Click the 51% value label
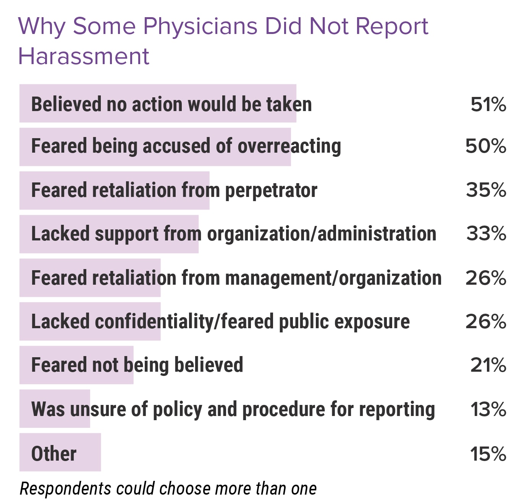coord(488,104)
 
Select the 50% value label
coord(486,146)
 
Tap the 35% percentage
coord(486,190)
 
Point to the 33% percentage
coord(486,234)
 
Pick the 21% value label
coord(488,365)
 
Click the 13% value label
coord(488,409)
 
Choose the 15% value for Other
coord(488,454)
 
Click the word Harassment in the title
coord(84,56)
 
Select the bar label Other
coord(54,454)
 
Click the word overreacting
coord(289,147)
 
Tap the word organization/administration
coord(322,234)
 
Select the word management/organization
coord(333,278)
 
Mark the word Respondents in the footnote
coord(65,488)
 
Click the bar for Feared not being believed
coord(76,365)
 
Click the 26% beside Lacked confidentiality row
coord(486,321)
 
